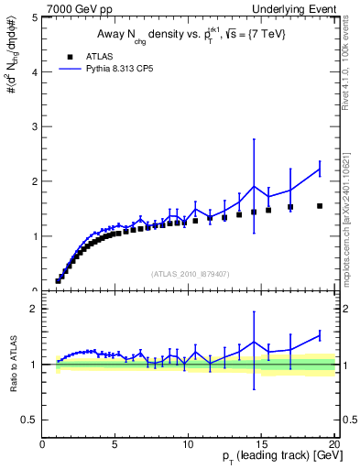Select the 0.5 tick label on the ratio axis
(x=30, y=420)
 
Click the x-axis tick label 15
(x=261, y=446)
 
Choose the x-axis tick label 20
(x=333, y=446)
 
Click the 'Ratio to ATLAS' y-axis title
(x=12, y=365)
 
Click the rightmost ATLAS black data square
(x=320, y=206)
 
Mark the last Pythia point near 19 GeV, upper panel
(x=320, y=169)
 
